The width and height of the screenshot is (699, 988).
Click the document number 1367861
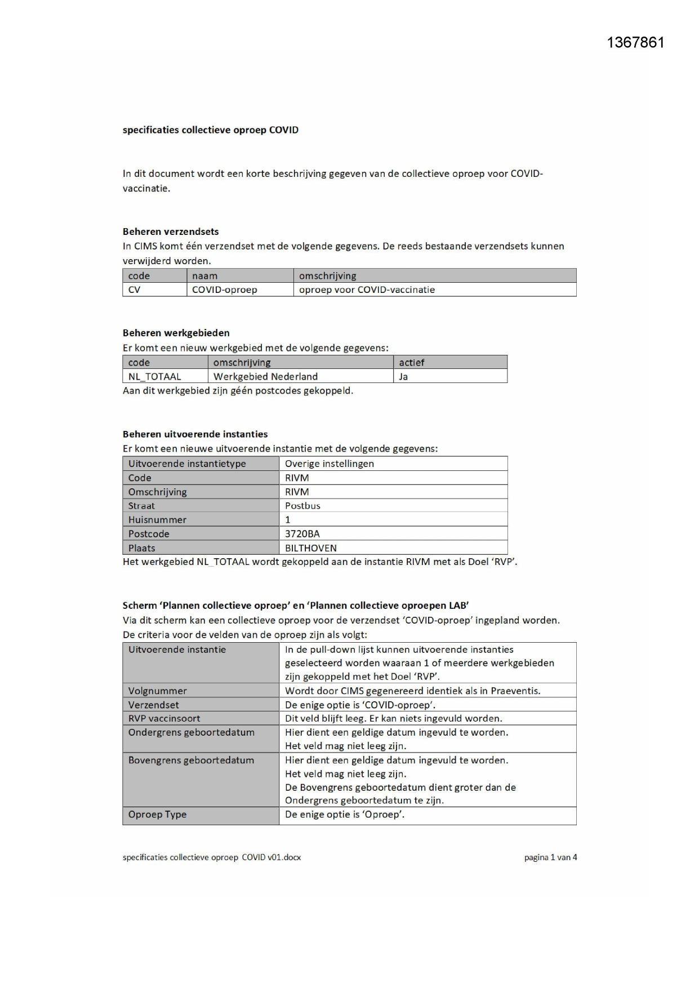(635, 43)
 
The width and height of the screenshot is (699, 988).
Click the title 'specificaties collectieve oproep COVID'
(211, 130)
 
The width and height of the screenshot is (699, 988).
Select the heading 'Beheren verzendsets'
(171, 232)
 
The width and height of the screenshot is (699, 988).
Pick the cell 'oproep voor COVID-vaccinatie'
(367, 290)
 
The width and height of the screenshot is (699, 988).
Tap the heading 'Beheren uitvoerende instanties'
(195, 434)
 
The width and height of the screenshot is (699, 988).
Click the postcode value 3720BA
(302, 534)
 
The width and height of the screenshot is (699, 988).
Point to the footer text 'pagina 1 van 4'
(550, 857)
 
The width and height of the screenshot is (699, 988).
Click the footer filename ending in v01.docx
(212, 857)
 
